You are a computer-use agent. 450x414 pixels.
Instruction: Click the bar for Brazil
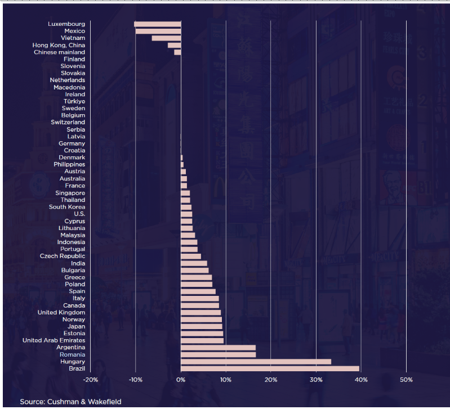(270, 369)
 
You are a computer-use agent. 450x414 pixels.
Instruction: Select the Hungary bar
(256, 362)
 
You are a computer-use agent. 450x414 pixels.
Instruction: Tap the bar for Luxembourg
(158, 24)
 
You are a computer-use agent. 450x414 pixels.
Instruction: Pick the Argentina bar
(218, 348)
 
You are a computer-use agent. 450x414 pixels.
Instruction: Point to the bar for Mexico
(158, 31)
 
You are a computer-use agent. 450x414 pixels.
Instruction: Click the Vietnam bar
(166, 38)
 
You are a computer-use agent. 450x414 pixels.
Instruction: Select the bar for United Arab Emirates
(202, 340)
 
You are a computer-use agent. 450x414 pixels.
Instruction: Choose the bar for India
(194, 263)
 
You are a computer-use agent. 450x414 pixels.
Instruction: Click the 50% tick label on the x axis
(406, 380)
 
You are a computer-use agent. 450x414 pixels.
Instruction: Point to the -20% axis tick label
(90, 380)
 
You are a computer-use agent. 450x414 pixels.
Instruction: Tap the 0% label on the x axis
(181, 380)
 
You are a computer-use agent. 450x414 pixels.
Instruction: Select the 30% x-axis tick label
(315, 380)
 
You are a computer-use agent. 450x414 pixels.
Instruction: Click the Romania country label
(72, 355)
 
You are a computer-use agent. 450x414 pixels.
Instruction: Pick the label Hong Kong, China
(59, 45)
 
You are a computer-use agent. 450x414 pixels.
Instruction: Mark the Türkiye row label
(74, 101)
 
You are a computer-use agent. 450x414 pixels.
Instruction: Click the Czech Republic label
(63, 256)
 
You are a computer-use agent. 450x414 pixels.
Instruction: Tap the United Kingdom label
(61, 312)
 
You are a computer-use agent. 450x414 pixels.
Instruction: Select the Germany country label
(72, 143)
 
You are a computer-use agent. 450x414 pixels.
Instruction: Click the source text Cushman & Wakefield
(70, 402)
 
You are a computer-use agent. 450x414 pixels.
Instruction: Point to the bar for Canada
(200, 305)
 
